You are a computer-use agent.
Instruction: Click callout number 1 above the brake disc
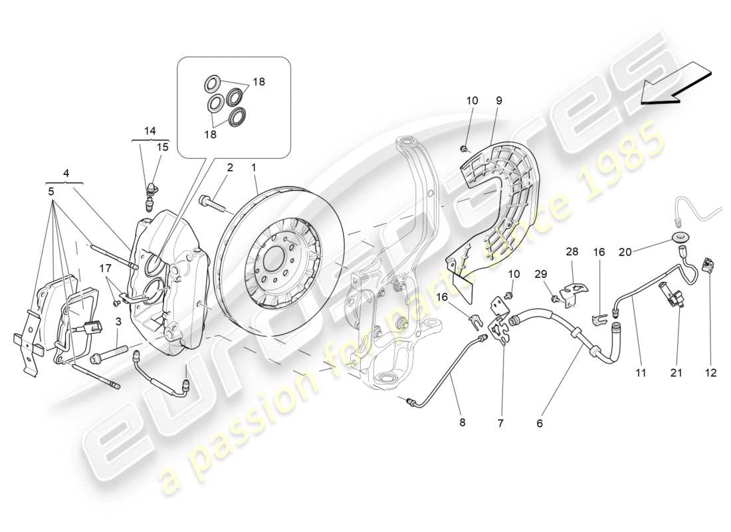[x=253, y=168]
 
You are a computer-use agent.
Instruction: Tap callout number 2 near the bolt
[x=229, y=168]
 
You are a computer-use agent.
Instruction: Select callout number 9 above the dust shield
[x=498, y=101]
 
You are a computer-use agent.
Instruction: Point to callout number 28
[x=572, y=252]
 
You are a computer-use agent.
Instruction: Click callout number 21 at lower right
[x=677, y=373]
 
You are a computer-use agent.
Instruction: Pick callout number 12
[x=711, y=373]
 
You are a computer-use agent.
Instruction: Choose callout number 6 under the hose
[x=540, y=422]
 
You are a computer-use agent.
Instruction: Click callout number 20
[x=625, y=251]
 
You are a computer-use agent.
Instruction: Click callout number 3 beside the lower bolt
[x=118, y=322]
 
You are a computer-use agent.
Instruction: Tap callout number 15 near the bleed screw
[x=162, y=147]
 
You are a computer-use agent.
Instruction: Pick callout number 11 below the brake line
[x=640, y=373]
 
